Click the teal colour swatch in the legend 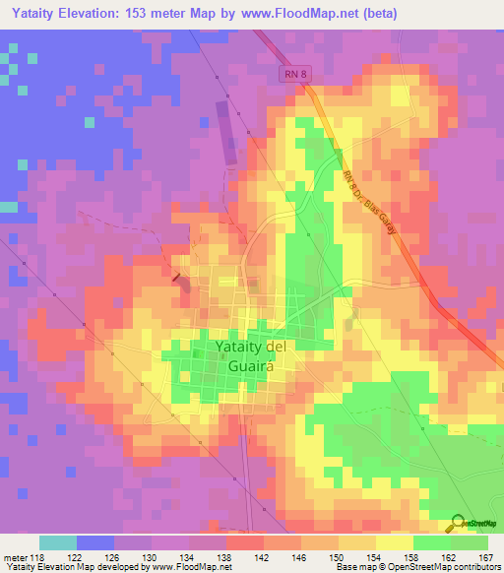(x=58, y=542)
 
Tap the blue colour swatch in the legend (x=95, y=542)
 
